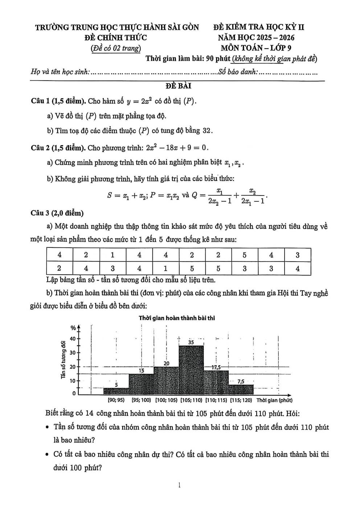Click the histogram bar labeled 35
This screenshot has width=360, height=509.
[x=191, y=370]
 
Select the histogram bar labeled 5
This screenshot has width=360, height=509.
[x=116, y=391]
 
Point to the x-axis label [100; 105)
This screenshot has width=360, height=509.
[x=166, y=400]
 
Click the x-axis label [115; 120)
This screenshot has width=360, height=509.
[x=241, y=400]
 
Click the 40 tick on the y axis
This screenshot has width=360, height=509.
[x=73, y=339]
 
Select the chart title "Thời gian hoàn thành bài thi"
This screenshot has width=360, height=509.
[x=177, y=318]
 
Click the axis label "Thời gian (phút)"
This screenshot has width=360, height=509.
[x=274, y=400]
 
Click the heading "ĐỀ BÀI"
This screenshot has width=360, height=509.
[x=178, y=86]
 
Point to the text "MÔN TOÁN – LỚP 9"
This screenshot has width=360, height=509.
[x=256, y=48]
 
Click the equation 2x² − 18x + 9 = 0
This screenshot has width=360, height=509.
[x=177, y=148]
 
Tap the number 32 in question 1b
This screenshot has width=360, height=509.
[x=206, y=131]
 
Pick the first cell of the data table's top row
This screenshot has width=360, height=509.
[x=60, y=255]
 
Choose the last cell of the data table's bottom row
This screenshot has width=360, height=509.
[x=298, y=268]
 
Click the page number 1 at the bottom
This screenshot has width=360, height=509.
[x=180, y=485]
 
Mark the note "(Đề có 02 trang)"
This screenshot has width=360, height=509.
[x=116, y=48]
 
